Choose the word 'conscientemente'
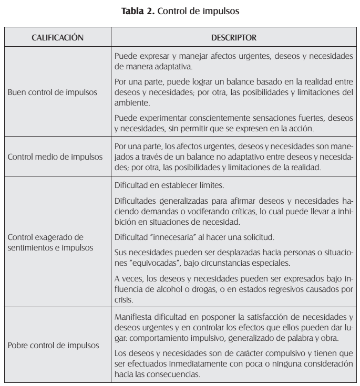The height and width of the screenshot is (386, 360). (213, 120)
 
